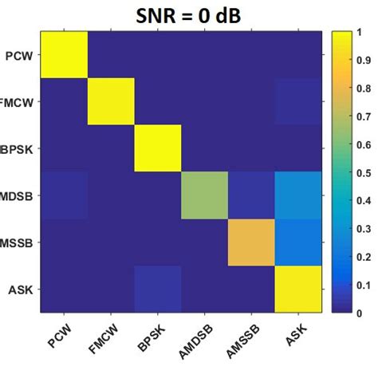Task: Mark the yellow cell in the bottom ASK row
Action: tap(297, 289)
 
